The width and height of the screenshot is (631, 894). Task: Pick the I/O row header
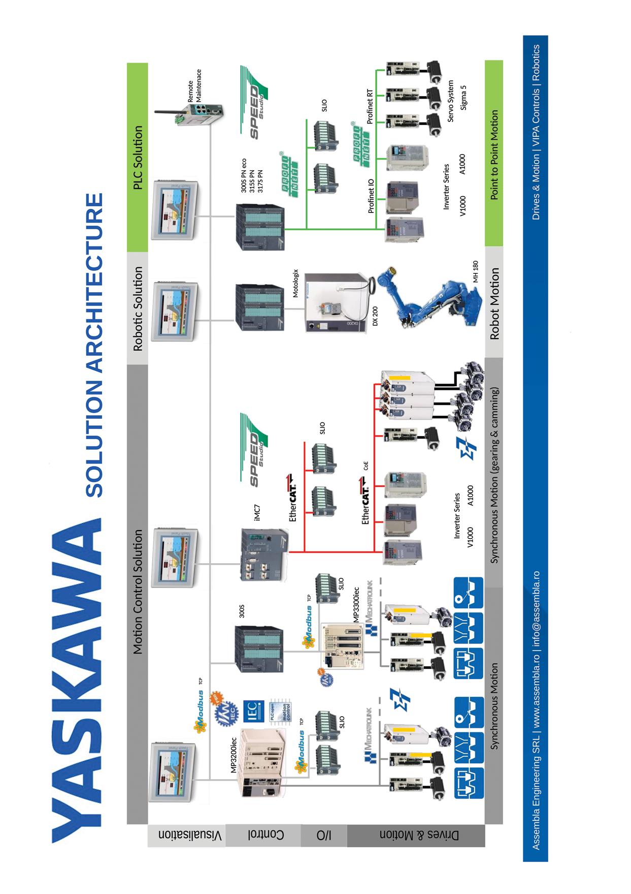pos(324,835)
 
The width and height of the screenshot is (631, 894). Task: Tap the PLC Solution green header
pos(138,158)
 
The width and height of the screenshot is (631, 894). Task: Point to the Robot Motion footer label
pos(494,303)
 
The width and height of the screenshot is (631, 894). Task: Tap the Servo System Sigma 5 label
pos(456,101)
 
